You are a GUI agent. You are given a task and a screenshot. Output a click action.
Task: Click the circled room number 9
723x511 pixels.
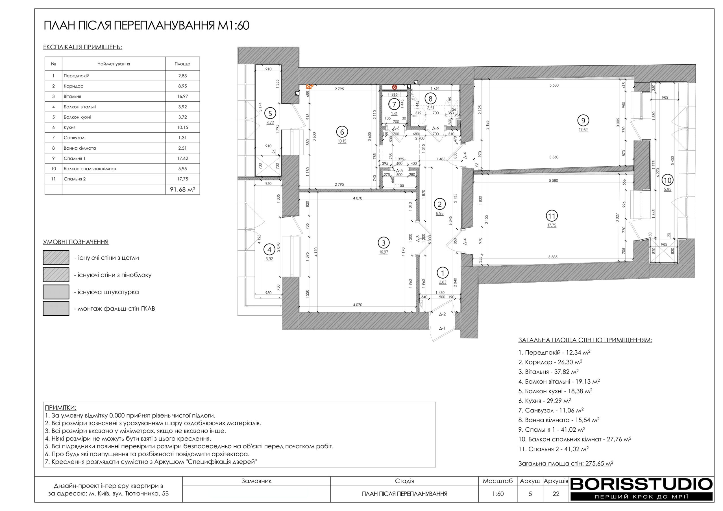coord(583,120)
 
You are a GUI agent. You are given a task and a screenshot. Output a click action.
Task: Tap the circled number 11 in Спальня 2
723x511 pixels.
coord(551,216)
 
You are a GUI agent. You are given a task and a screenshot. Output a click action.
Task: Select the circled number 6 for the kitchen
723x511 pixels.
coord(342,132)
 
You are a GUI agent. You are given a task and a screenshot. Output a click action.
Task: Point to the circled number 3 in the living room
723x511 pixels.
coord(384,243)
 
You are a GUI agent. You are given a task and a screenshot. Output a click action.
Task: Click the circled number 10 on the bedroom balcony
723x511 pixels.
coord(668,180)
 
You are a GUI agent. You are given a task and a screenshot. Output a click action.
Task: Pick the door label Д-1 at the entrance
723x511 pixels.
coord(442,328)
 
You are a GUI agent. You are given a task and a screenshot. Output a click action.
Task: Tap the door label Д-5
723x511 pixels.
coord(399,170)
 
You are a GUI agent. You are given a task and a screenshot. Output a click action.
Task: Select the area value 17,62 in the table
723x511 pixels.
coord(182,158)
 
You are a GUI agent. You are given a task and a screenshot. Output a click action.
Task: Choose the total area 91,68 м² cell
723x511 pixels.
coord(182,189)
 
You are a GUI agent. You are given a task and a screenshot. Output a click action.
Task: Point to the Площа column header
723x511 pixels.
coord(182,64)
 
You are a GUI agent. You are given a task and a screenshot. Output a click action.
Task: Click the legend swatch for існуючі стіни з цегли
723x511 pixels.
coord(56,257)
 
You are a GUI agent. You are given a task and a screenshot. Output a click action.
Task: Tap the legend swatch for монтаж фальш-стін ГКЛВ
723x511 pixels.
coord(56,309)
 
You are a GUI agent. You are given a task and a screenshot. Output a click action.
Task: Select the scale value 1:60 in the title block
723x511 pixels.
coord(498,494)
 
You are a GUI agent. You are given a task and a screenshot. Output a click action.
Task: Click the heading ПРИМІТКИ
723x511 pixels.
coord(61,408)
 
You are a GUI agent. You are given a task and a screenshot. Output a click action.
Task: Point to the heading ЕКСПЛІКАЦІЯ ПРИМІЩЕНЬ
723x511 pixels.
coord(82,47)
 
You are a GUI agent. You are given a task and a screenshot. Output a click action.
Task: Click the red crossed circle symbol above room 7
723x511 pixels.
coord(394,87)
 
